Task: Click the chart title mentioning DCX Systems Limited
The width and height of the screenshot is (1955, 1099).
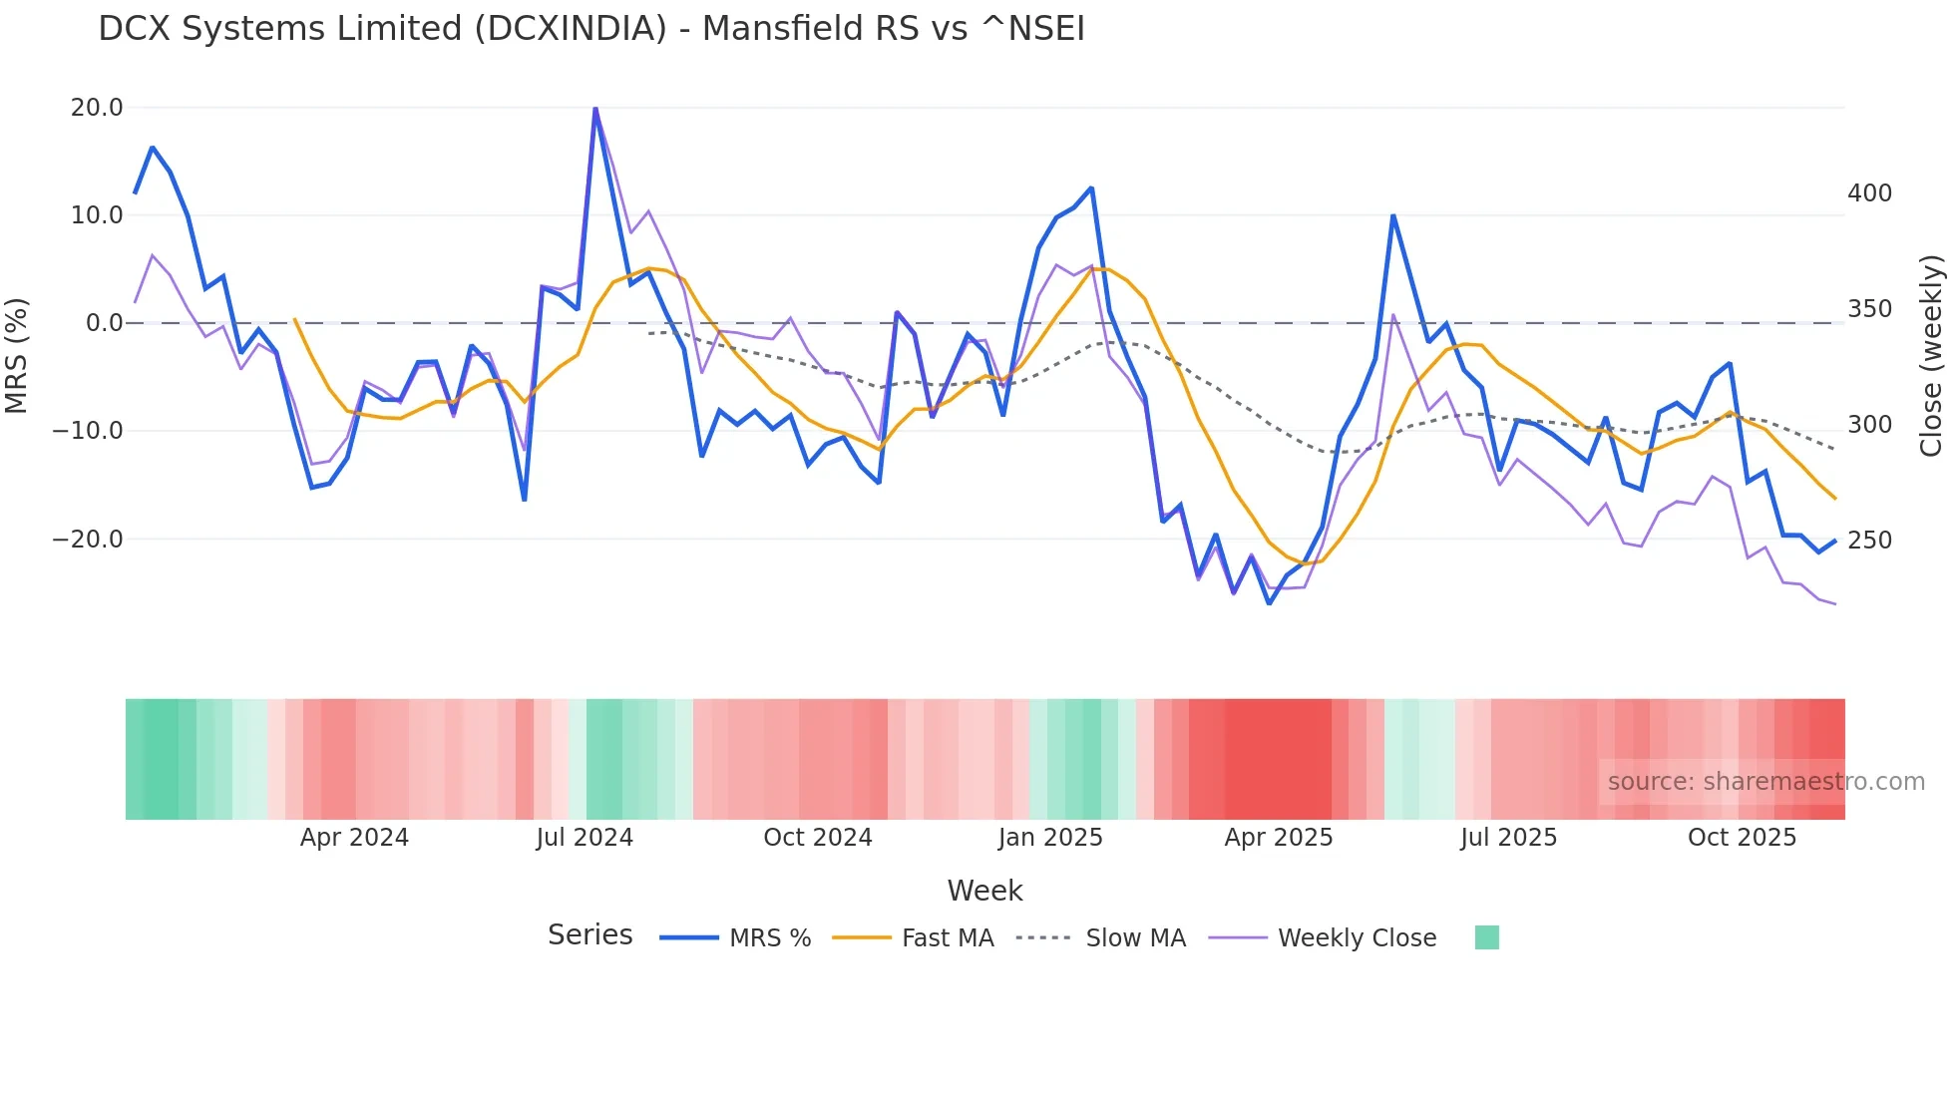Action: (x=590, y=29)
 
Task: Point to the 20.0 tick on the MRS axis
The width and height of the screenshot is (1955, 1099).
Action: (x=97, y=108)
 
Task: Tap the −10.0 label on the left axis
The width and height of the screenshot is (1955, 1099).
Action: (x=88, y=431)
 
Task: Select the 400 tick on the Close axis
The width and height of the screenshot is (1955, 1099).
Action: (x=1869, y=193)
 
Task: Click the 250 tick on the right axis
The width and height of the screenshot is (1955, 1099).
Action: (x=1869, y=541)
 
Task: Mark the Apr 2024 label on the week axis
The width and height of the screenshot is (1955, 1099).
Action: (x=354, y=838)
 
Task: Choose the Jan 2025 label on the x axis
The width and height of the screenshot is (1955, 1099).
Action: (x=1050, y=838)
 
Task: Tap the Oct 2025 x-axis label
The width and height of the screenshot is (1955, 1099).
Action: (x=1742, y=838)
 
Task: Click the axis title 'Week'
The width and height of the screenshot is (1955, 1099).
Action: (x=984, y=891)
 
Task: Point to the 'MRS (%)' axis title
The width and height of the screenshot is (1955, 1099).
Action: (x=17, y=355)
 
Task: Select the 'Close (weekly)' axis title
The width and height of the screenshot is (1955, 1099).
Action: (x=1932, y=356)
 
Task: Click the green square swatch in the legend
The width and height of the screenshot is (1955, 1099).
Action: (x=1486, y=937)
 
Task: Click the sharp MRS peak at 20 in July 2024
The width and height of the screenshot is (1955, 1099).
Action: (x=595, y=109)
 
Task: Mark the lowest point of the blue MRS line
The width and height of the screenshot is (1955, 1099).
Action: (x=1269, y=603)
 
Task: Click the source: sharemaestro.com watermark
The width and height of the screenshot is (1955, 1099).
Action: (x=1765, y=782)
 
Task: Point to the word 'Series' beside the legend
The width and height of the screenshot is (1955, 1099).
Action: (x=589, y=935)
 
